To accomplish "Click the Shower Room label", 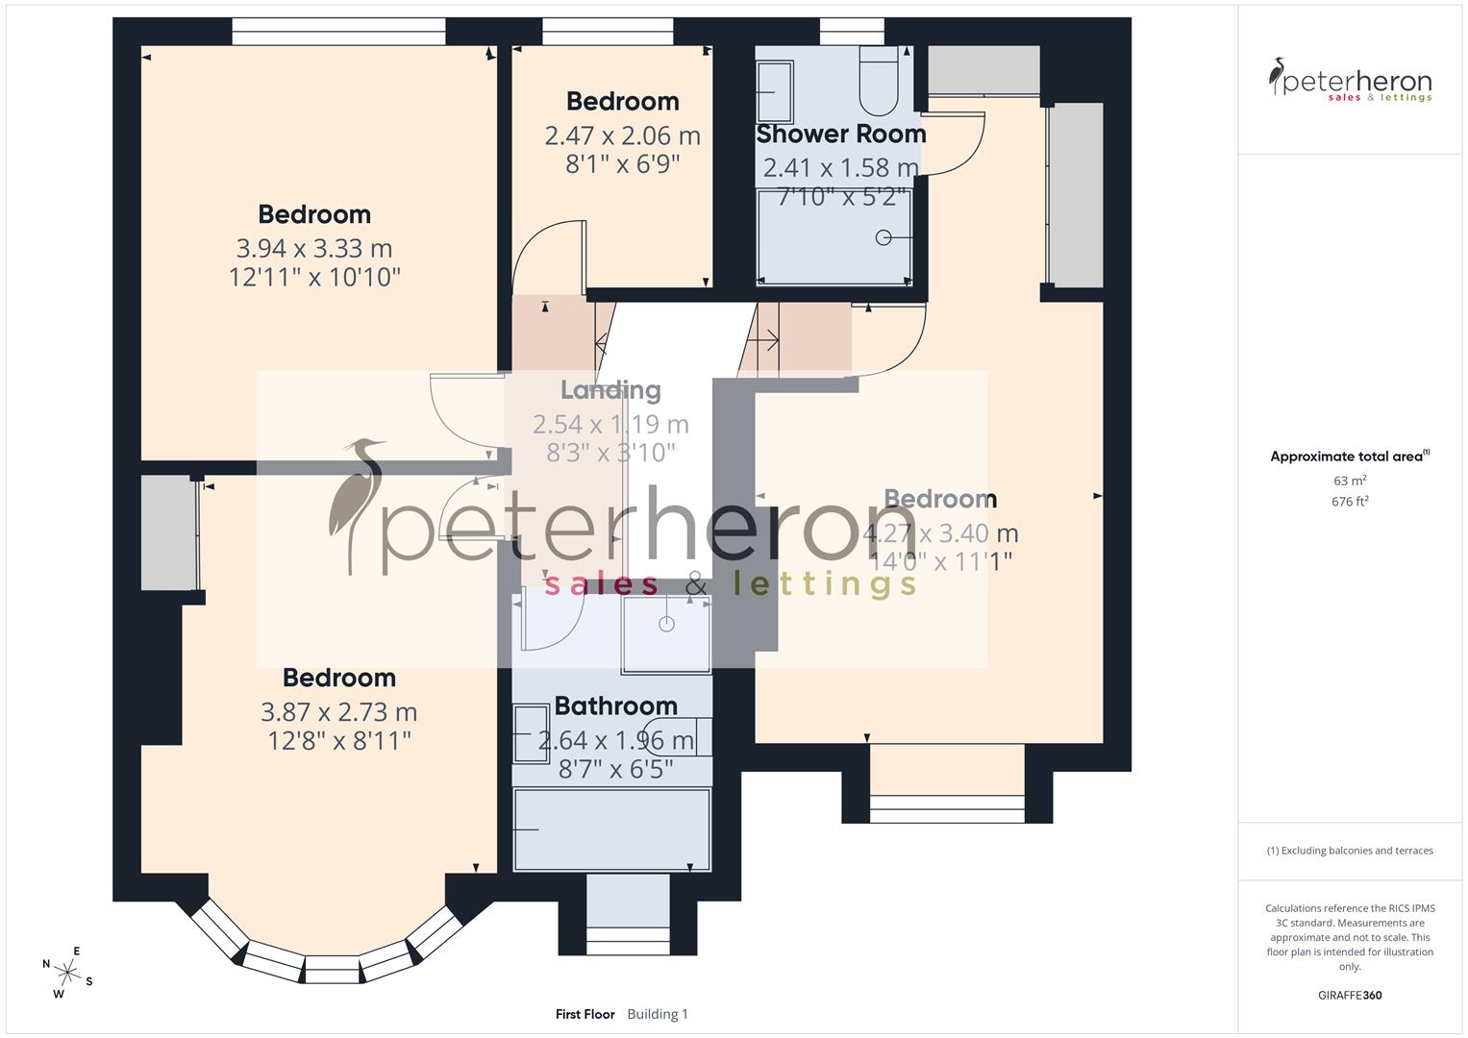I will tap(840, 134).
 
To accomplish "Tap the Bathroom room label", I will tap(615, 706).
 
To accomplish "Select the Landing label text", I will tap(610, 390).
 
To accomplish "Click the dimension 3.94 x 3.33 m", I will tap(314, 249).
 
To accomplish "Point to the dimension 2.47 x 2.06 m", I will tap(622, 136).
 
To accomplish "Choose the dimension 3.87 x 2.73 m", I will tap(338, 712).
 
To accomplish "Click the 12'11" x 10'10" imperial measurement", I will tap(314, 278).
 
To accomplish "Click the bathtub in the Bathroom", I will tap(611, 828).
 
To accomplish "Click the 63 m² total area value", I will tap(1349, 481).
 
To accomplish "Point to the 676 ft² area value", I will tap(1349, 502).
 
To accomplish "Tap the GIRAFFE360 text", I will tap(1349, 996).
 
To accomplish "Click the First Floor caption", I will tap(585, 1014).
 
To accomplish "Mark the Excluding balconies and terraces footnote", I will tap(1349, 851).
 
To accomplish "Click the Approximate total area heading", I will tap(1349, 457).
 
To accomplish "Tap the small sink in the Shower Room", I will tap(775, 91).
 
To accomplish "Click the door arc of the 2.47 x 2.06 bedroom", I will tap(546, 255).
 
